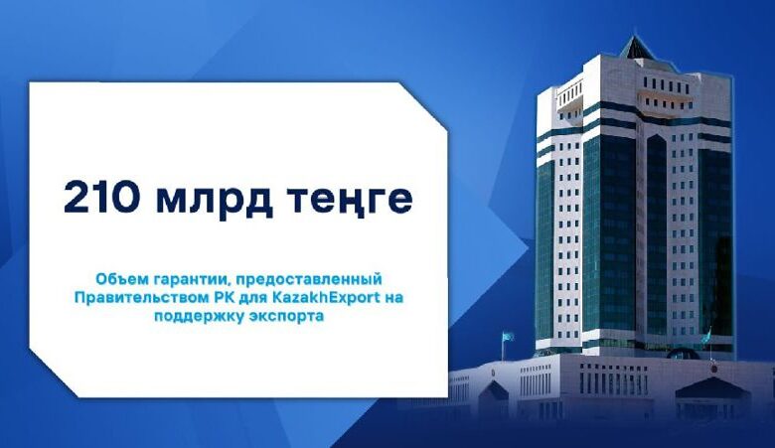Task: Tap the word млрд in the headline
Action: click(215, 200)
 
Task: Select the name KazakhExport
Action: click(326, 298)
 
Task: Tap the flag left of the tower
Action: click(508, 337)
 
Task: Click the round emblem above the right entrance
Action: click(713, 368)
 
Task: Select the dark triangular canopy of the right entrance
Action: click(712, 388)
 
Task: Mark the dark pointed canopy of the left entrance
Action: click(494, 390)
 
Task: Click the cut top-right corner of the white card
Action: click(422, 106)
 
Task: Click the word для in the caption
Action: click(252, 299)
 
